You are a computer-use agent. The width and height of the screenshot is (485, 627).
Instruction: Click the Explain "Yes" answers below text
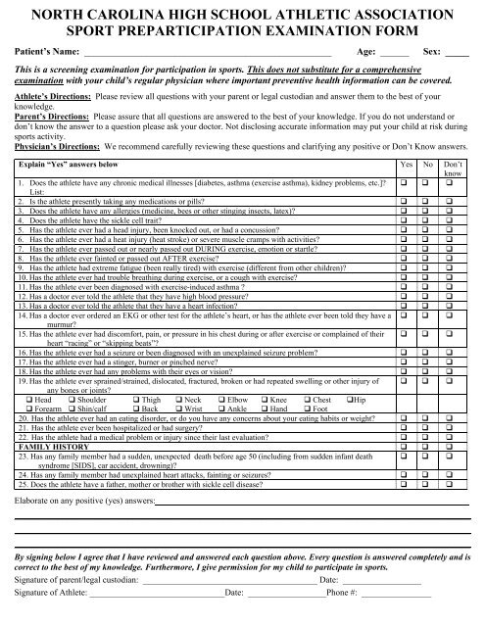(x=69, y=140)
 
